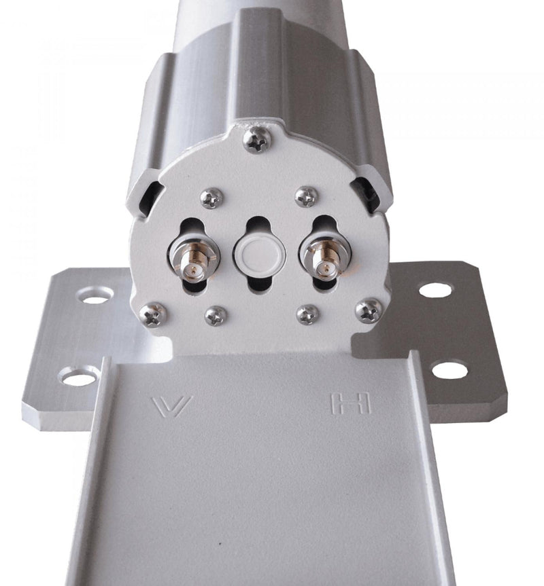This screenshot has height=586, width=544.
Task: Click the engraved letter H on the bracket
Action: point(350,404)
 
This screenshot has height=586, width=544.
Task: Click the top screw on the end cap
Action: point(257,140)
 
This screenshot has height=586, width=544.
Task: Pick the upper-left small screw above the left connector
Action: point(211,198)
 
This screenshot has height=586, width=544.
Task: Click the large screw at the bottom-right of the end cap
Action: point(369,310)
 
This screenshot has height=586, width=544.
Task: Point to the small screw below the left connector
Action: point(216,314)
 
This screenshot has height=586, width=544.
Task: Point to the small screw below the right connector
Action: point(307,314)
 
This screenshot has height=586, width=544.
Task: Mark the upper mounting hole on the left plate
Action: point(95,295)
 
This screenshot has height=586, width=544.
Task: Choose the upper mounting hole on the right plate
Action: point(435,290)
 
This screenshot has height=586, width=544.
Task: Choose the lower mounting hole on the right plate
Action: point(449,370)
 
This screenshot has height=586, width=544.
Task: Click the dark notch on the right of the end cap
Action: point(368,192)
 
